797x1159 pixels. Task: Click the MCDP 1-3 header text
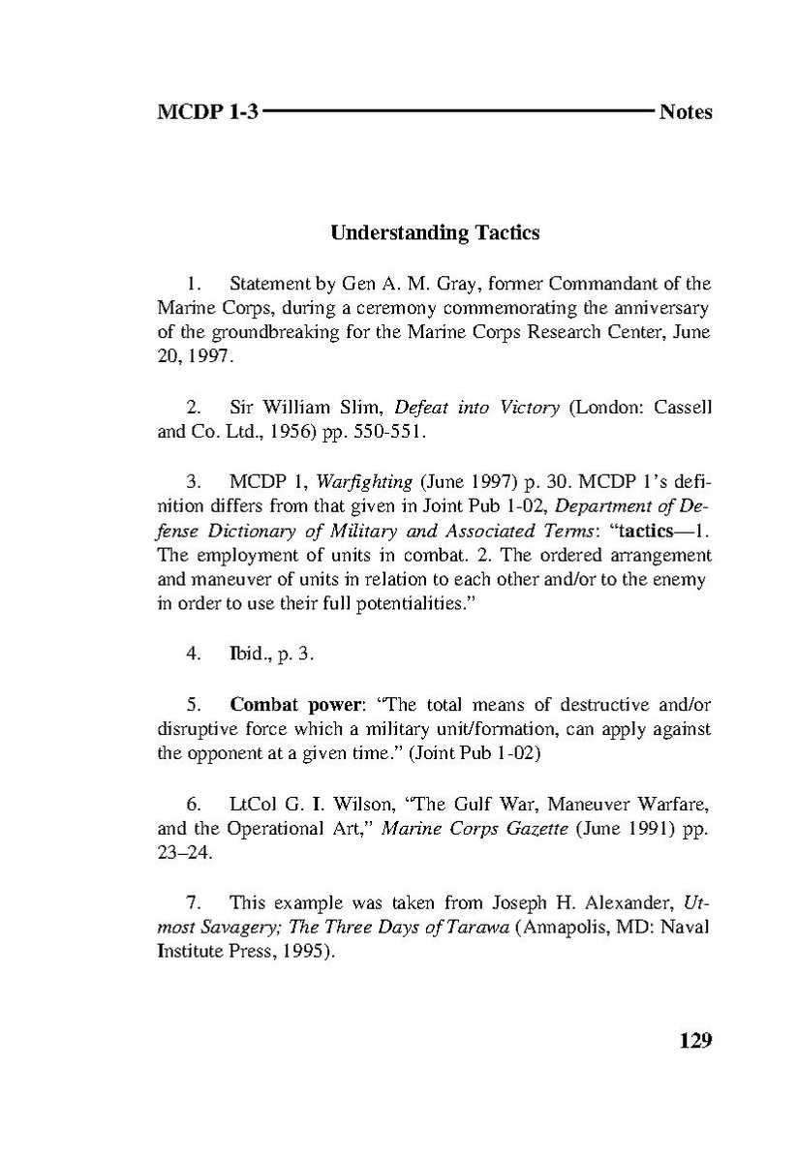[207, 112]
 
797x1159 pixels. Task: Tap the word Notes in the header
[685, 112]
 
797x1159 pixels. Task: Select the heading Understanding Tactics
[435, 233]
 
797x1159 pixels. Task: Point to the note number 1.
[193, 285]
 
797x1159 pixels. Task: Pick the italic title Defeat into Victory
[476, 408]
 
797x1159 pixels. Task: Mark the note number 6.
[194, 804]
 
